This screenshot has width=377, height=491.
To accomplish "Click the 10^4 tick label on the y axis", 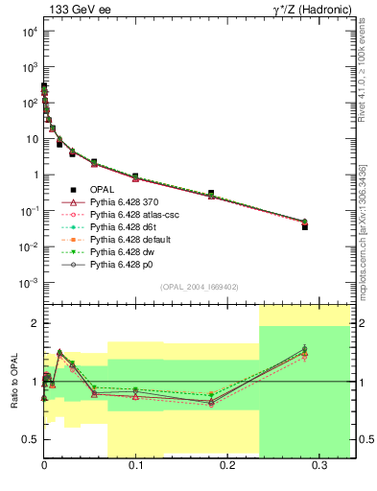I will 27,32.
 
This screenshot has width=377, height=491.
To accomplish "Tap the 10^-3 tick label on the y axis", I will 27,283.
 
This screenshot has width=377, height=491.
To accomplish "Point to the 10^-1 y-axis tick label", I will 27,211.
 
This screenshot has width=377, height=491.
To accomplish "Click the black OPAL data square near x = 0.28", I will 304,226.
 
